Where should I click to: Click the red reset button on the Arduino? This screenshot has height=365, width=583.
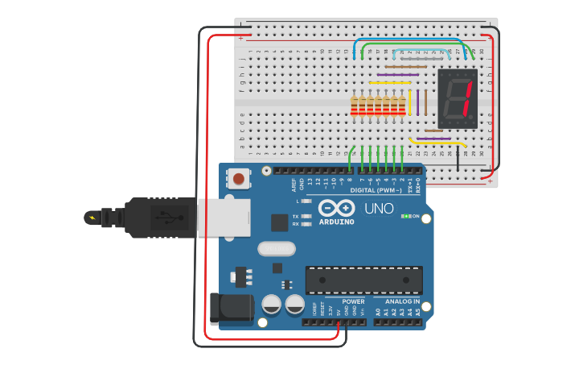[x=239, y=178]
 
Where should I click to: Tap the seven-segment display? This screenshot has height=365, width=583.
[x=458, y=98]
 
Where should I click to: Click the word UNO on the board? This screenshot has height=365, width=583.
[x=379, y=209]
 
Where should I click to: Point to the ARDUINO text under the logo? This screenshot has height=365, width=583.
[x=337, y=222]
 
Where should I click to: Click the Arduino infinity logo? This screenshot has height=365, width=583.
[x=337, y=207]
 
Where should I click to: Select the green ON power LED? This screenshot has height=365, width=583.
[x=406, y=216]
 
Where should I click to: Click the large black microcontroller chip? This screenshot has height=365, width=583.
[x=363, y=280]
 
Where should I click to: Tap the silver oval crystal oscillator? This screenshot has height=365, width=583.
[x=277, y=249]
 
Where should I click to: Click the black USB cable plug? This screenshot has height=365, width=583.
[x=161, y=218]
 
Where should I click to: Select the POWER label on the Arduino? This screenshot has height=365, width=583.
[x=353, y=301]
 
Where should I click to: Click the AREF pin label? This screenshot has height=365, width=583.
[x=294, y=185]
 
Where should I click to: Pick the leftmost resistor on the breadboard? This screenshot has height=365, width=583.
[x=353, y=106]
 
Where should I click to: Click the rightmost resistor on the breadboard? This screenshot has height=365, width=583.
[x=402, y=106]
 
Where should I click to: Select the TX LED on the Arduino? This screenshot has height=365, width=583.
[x=306, y=217]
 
